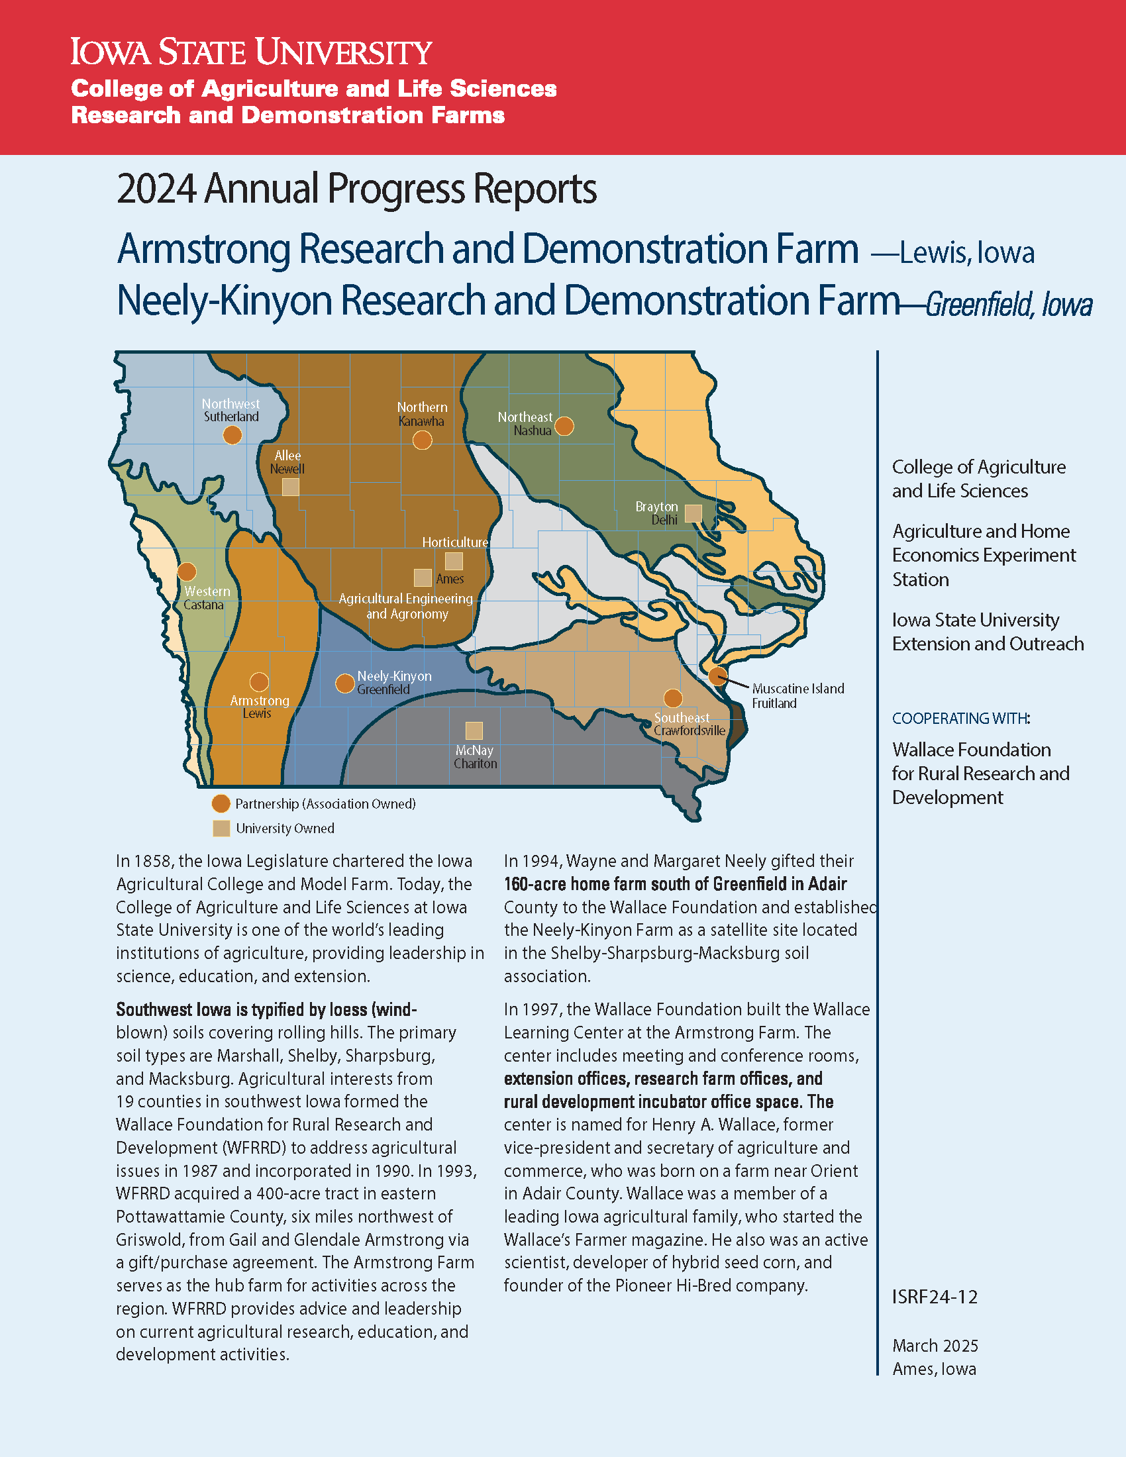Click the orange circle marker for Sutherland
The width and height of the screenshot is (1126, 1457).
(232, 435)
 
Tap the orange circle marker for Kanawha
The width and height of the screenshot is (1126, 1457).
(423, 440)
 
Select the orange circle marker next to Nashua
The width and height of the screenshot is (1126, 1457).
(564, 426)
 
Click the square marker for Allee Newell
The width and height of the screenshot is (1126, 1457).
(290, 487)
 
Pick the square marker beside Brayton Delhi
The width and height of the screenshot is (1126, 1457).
(693, 513)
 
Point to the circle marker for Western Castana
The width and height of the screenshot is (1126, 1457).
(187, 572)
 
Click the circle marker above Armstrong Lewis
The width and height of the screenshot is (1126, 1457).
(259, 681)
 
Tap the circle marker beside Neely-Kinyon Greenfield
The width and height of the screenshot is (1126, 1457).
(344, 683)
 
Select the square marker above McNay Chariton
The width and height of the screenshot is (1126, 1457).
(474, 730)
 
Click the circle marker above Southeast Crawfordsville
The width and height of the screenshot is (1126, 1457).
(673, 698)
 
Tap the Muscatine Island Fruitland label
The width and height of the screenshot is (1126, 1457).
(798, 695)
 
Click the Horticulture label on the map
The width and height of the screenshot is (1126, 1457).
(455, 542)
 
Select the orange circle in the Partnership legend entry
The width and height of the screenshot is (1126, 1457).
(221, 804)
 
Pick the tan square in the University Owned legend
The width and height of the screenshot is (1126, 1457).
(221, 829)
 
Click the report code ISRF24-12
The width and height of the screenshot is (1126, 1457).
(935, 1297)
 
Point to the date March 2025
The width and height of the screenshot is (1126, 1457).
(935, 1346)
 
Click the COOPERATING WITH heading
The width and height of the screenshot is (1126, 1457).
(960, 719)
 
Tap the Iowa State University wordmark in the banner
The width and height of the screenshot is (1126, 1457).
(252, 52)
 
